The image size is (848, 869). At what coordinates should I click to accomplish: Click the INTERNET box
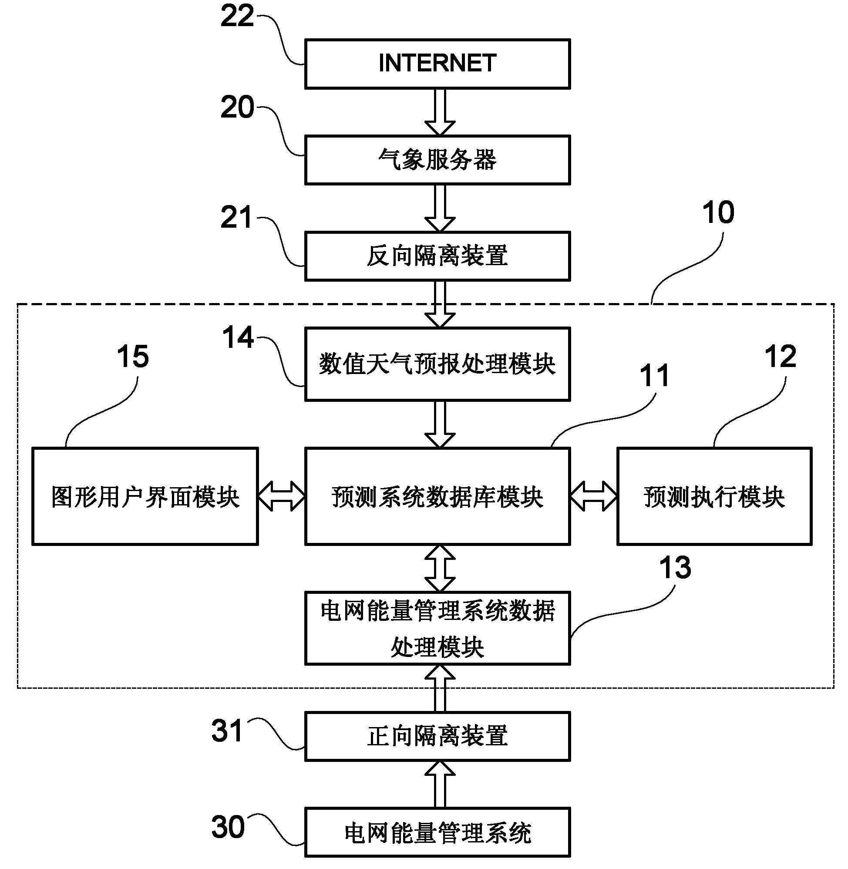point(437,64)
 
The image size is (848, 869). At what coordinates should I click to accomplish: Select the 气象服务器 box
point(437,160)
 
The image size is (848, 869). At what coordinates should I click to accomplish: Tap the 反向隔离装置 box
point(437,256)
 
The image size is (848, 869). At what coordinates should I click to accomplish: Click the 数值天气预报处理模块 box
point(437,364)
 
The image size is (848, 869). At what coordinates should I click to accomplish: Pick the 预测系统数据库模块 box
point(437,496)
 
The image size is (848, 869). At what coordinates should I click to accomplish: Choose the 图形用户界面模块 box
point(145,496)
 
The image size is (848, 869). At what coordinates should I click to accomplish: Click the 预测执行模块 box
point(714,496)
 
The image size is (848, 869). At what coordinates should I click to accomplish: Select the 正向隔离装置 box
point(437,736)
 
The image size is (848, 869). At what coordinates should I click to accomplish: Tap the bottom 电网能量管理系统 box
point(437,832)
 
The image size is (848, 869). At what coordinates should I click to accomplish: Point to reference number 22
point(237,17)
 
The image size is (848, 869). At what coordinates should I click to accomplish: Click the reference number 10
point(718,212)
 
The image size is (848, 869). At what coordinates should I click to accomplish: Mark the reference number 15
point(133,357)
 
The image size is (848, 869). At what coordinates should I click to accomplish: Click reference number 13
point(675,568)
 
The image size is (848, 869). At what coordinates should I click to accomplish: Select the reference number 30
point(228,827)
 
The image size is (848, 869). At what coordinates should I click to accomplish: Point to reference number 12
point(780,357)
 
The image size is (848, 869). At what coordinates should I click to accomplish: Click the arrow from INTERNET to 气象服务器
point(440,112)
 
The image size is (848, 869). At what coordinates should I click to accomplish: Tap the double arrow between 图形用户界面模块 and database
point(282,496)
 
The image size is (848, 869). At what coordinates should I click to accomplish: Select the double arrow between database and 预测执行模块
point(594,496)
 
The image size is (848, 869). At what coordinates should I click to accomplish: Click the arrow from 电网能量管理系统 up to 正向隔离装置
point(440,784)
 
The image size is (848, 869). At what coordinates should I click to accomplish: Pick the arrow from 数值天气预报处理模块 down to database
point(440,424)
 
